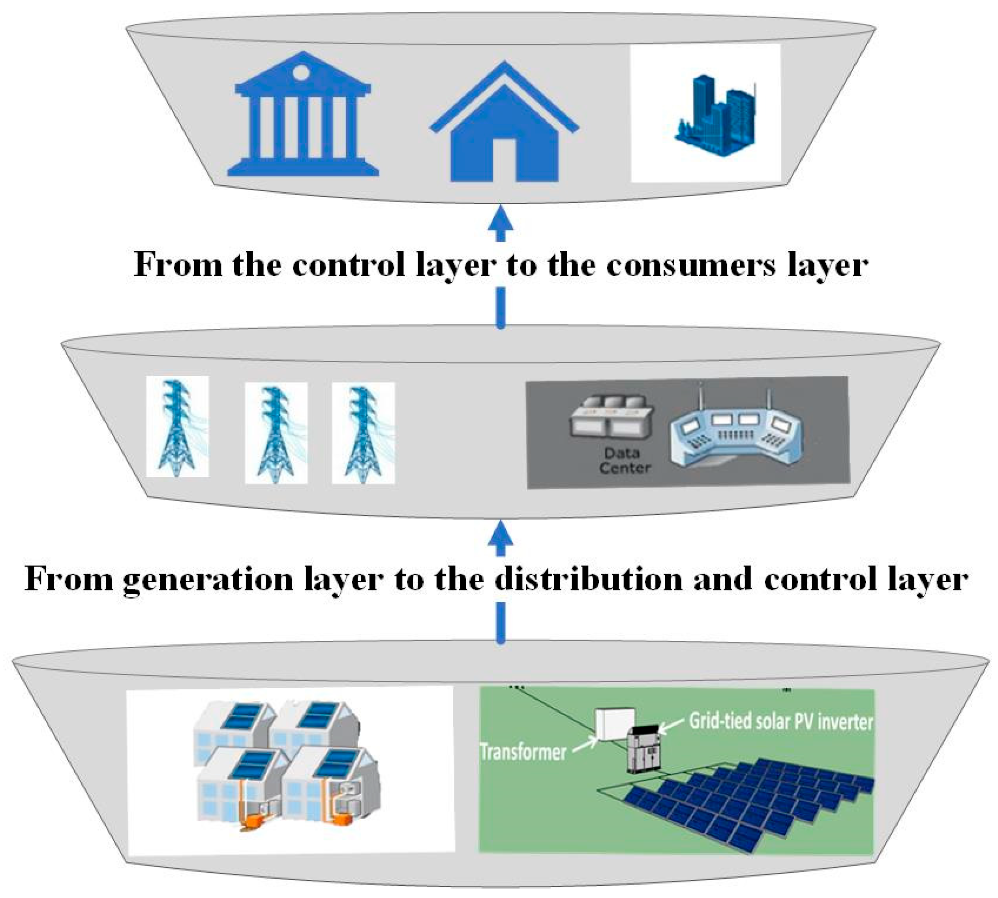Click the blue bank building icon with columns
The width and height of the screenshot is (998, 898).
(x=303, y=116)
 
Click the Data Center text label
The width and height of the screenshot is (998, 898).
(x=623, y=460)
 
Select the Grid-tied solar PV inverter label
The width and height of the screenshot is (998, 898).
(x=780, y=722)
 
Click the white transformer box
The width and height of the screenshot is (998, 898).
(x=614, y=724)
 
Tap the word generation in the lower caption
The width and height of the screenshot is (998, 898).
(x=207, y=579)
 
